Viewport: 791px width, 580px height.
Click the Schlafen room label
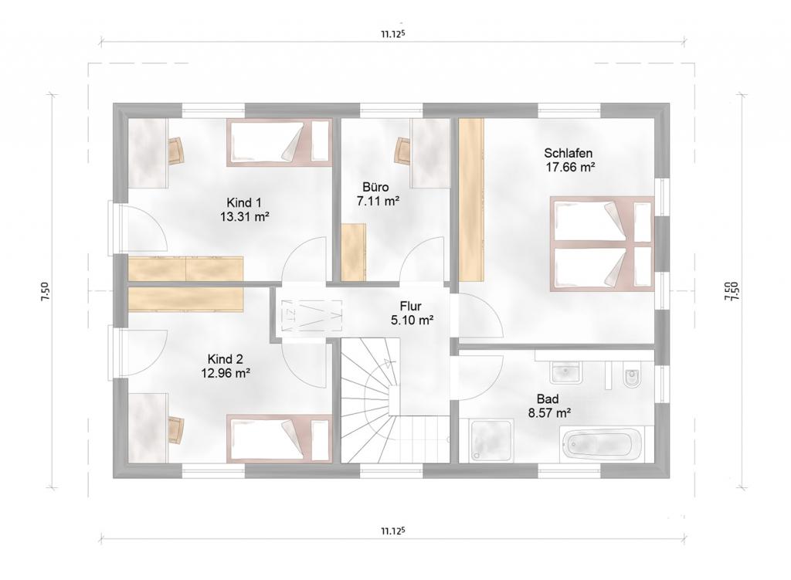[x=568, y=153]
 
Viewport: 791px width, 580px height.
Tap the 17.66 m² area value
[x=570, y=167]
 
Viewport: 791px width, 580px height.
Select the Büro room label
[x=376, y=187]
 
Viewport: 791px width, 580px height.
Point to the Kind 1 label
[x=243, y=203]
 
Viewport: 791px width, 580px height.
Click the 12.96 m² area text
[x=226, y=373]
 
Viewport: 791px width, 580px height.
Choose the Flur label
[x=411, y=306]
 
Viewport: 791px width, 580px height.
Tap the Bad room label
[x=548, y=399]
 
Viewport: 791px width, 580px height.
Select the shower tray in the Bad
[x=491, y=441]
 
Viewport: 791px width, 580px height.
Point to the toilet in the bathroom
[x=631, y=377]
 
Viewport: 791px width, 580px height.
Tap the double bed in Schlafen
[x=601, y=243]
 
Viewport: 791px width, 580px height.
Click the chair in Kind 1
[x=175, y=151]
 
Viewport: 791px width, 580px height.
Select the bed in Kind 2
[x=279, y=438]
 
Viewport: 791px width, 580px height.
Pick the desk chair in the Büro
[x=402, y=151]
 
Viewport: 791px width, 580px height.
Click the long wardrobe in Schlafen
[x=471, y=199]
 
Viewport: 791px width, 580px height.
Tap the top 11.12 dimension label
[x=393, y=34]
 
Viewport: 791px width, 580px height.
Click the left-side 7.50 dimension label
[x=46, y=292]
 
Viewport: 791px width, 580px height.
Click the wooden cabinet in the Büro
[x=353, y=253]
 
